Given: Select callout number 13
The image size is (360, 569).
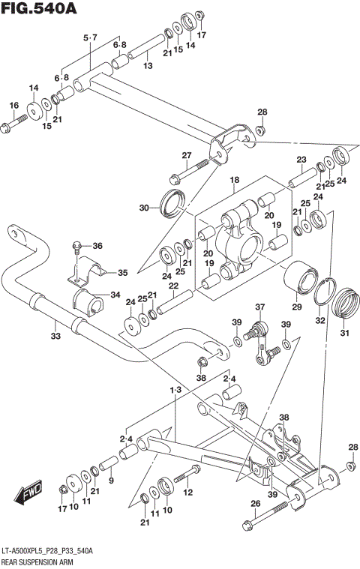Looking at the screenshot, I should tap(148, 67).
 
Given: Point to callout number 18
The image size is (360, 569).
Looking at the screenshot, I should tap(234, 180).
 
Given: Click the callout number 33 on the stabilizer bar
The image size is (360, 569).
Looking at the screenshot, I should tap(55, 336).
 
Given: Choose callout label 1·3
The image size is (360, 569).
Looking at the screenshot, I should tap(175, 389).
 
